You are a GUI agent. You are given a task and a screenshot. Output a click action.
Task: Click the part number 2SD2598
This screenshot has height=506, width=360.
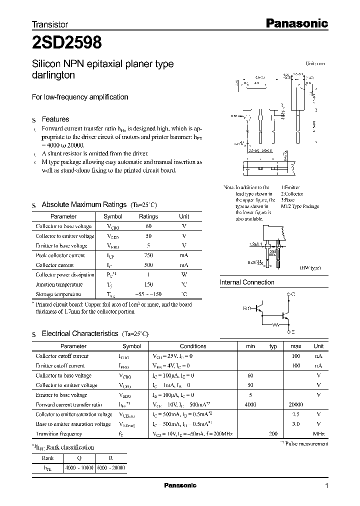coord(67,43)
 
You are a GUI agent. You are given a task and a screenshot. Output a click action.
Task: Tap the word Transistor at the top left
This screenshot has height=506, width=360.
coord(50,24)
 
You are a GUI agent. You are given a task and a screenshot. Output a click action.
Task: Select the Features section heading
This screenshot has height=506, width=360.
coord(55,119)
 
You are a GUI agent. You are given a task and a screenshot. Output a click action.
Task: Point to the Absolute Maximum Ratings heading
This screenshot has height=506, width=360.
coord(84,204)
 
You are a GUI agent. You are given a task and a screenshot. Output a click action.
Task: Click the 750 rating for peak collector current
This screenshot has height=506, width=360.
coord(148,255)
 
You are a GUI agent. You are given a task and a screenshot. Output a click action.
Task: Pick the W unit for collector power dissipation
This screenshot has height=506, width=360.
coord(184,275)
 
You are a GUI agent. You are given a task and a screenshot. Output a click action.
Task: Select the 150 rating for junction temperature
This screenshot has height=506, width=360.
coord(148,284)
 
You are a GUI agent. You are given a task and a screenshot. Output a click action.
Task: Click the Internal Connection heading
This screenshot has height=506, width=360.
coord(247,282)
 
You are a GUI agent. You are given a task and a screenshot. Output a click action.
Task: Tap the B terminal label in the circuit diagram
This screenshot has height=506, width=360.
coord(245,309)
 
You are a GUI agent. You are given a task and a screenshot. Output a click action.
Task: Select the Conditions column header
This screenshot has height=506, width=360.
coord(192,346)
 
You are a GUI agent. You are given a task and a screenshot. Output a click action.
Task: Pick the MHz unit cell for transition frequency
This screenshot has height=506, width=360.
coord(318,434)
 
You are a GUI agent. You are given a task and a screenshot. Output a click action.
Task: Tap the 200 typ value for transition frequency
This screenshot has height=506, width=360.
coord(273,434)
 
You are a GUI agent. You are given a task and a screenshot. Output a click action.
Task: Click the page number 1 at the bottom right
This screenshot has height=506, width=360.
coord(326,486)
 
